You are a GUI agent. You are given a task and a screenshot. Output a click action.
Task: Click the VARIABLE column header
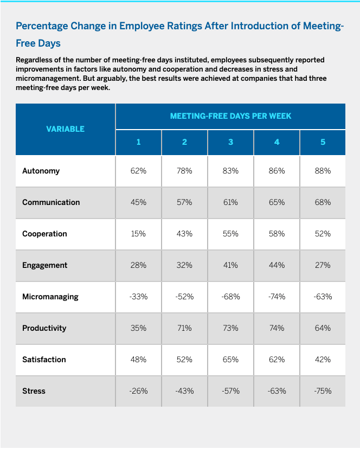pyautogui.click(x=65, y=129)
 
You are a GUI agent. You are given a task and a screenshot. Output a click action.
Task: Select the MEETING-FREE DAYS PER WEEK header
pyautogui.click(x=230, y=116)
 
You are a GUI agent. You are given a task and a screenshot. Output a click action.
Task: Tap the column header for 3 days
pyautogui.click(x=230, y=142)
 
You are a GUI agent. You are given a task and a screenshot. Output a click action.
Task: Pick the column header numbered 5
pyautogui.click(x=323, y=142)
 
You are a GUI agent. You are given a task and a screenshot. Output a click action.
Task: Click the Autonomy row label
pyautogui.click(x=41, y=171)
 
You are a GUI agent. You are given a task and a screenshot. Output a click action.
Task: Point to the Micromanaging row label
pyautogui.click(x=50, y=297)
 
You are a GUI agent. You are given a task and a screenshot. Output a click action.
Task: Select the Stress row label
pyautogui.click(x=34, y=391)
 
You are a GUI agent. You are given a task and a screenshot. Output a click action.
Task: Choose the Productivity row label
pyautogui.click(x=44, y=328)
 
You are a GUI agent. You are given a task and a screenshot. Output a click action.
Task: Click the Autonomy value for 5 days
pyautogui.click(x=323, y=171)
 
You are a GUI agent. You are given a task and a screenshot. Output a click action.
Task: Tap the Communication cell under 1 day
pyautogui.click(x=138, y=202)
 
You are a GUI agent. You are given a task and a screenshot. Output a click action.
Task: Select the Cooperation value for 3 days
pyautogui.click(x=230, y=234)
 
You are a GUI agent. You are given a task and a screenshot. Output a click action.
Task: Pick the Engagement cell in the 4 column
pyautogui.click(x=277, y=265)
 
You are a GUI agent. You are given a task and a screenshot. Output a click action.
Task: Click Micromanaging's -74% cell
pyautogui.click(x=277, y=297)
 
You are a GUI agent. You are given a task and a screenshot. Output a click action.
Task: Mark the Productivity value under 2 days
pyautogui.click(x=184, y=328)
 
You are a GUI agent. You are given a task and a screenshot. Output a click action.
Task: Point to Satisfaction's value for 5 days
pyautogui.click(x=323, y=360)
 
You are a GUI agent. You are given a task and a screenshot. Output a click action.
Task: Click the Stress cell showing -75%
pyautogui.click(x=323, y=391)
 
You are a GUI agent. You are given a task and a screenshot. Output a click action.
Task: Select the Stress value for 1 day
pyautogui.click(x=138, y=391)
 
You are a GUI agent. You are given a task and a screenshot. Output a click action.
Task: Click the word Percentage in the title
pyautogui.click(x=42, y=26)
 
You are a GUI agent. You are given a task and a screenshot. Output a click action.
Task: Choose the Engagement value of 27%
pyautogui.click(x=323, y=265)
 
